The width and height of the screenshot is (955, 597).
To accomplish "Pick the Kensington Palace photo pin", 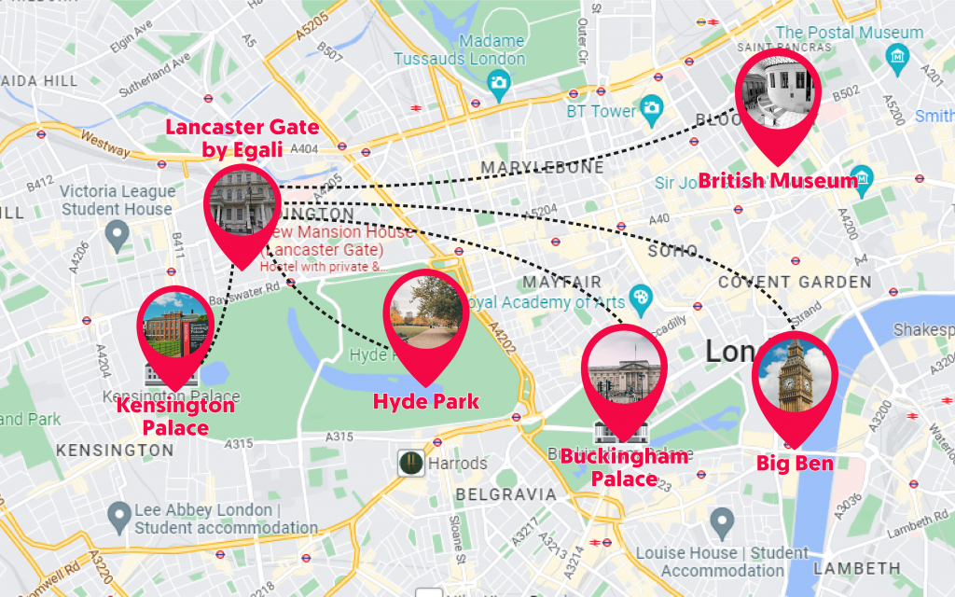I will click(174, 327).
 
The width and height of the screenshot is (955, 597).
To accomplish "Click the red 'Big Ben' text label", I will click(795, 464).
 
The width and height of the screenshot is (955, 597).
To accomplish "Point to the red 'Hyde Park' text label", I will click(425, 402).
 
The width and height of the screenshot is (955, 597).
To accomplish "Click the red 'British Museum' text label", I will click(778, 181).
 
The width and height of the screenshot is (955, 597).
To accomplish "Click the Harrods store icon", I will click(410, 463).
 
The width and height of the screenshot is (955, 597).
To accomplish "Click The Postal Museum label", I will click(850, 33).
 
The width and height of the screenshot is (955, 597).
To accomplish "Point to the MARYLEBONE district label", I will click(542, 168).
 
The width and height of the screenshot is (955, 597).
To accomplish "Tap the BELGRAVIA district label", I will click(505, 494).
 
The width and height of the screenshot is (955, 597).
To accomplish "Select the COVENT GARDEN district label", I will click(795, 282).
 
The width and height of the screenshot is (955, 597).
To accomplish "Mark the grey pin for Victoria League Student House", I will click(117, 233).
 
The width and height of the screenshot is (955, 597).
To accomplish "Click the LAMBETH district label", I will click(857, 568).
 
